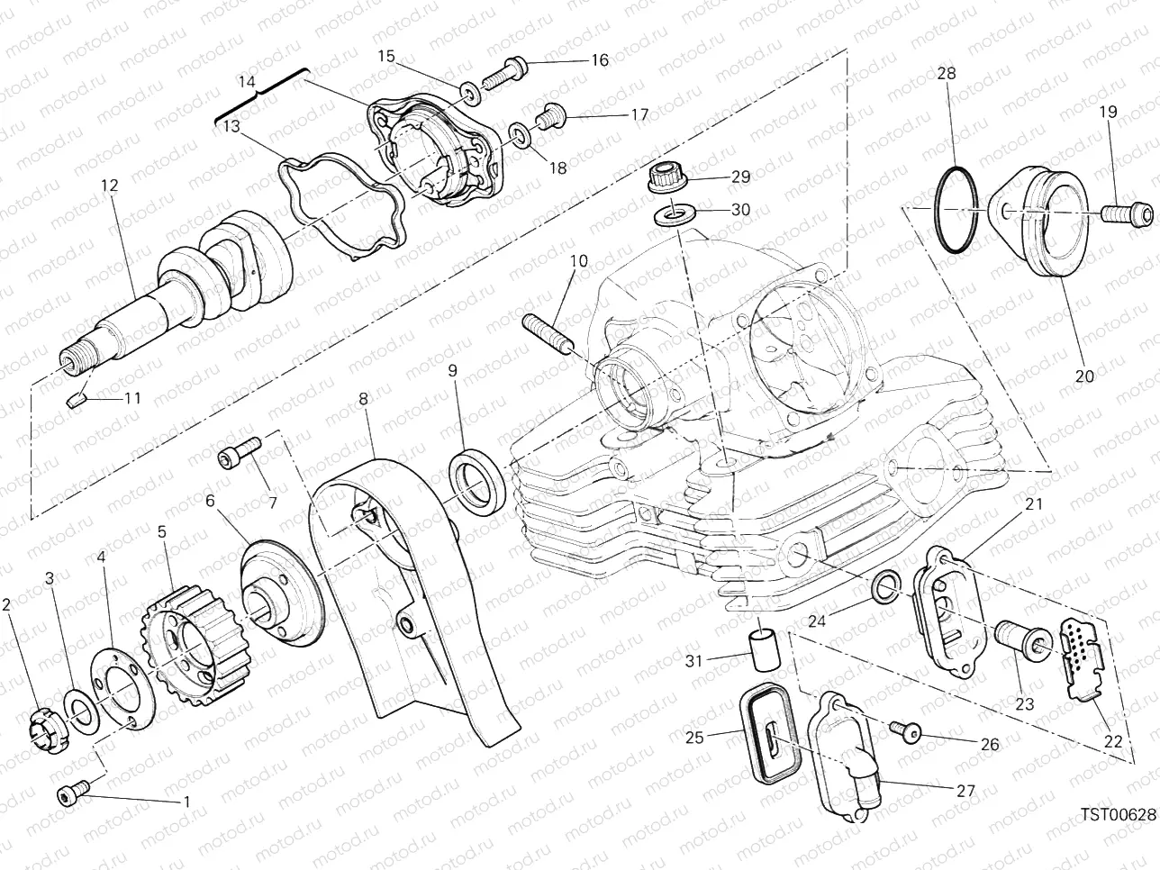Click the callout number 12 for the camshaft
click(109, 186)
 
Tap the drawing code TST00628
click(1118, 814)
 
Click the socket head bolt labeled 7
click(240, 451)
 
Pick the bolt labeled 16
click(504, 73)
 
